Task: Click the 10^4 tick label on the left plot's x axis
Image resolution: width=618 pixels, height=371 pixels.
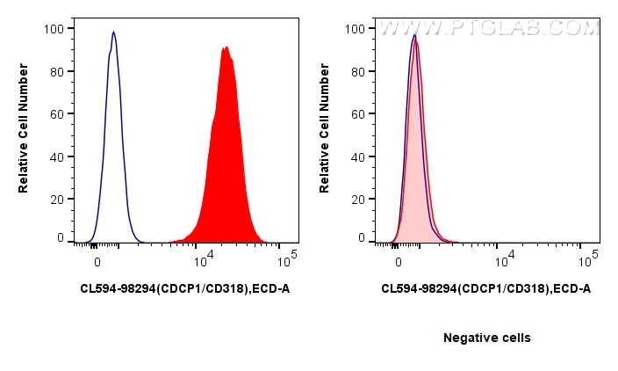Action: (203, 261)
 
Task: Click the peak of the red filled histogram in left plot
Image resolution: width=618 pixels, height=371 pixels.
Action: (226, 47)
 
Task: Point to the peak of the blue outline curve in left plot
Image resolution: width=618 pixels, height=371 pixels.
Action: (113, 33)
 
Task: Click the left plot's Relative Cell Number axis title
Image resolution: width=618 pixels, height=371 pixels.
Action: (24, 133)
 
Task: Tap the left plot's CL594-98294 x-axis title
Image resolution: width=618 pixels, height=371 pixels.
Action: (184, 287)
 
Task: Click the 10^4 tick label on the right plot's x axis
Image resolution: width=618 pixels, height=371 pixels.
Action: (505, 261)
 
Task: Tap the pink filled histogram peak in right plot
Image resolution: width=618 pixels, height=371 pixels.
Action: (416, 40)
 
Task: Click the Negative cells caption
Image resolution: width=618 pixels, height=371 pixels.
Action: (486, 338)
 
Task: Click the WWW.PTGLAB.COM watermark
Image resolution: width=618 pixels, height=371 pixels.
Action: (488, 29)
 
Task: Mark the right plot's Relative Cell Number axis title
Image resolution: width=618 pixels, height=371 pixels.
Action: (326, 133)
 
